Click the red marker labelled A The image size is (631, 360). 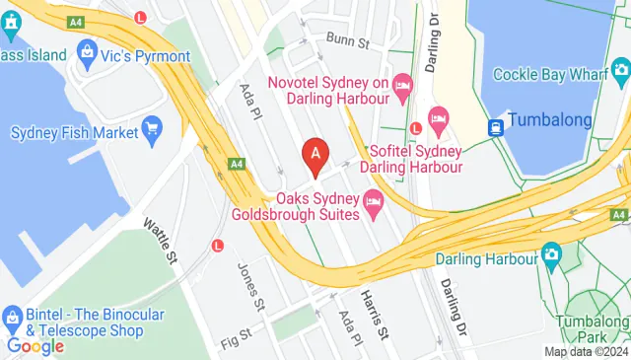point(315,155)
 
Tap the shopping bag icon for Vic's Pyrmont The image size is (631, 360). point(86,51)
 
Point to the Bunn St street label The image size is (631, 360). point(347,43)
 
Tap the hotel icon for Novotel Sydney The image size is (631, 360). point(402,87)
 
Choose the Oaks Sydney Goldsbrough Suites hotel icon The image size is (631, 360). point(374,205)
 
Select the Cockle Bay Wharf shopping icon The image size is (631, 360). point(620,70)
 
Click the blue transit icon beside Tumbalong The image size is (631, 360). point(495,127)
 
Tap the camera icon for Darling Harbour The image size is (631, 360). point(552,257)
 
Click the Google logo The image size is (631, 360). point(35,345)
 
